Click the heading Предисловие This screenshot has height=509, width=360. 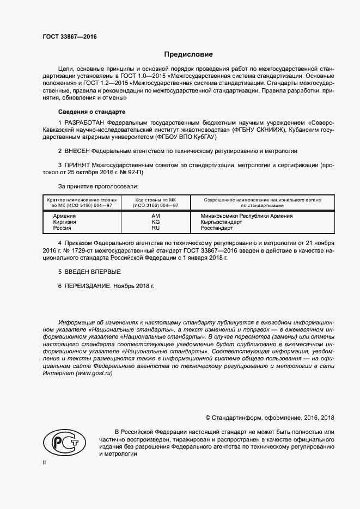(x=188, y=54)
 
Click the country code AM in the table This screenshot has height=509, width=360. (x=156, y=216)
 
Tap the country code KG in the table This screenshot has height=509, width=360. (x=156, y=223)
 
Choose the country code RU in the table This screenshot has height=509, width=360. (x=156, y=229)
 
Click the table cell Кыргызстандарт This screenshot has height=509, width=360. (x=216, y=223)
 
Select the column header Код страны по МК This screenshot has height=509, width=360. (x=156, y=200)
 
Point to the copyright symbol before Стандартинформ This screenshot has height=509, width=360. (x=208, y=418)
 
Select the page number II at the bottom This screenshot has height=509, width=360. (x=45, y=462)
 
